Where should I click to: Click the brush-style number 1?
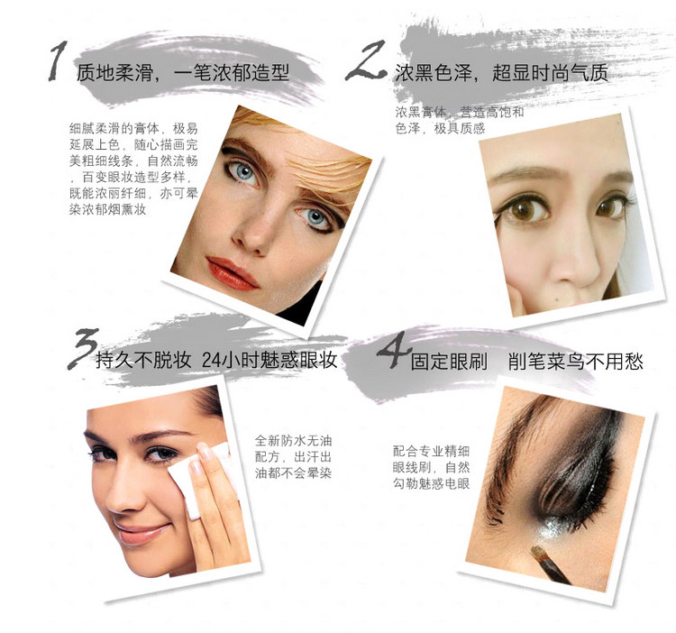click(58, 60)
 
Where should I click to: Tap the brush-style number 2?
click(367, 60)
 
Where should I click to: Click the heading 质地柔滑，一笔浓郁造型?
click(183, 72)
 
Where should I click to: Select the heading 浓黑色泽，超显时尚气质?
click(501, 72)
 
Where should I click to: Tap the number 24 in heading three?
click(212, 361)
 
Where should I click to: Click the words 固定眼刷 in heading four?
click(449, 362)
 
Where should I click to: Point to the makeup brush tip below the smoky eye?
click(538, 553)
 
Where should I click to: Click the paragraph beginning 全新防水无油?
click(293, 457)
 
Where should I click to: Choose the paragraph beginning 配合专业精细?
click(431, 467)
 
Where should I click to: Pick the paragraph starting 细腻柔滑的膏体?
click(133, 169)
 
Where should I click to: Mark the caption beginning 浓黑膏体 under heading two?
click(460, 120)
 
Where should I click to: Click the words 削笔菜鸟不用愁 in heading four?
click(576, 362)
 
